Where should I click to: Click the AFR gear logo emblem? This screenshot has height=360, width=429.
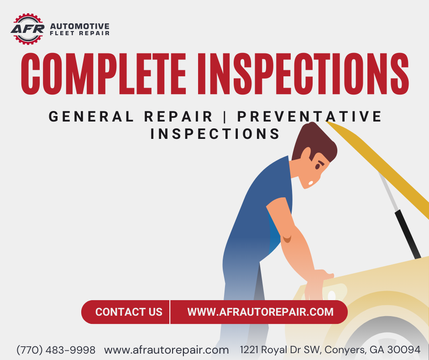(27, 29)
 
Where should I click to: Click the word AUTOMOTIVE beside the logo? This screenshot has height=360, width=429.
(79, 26)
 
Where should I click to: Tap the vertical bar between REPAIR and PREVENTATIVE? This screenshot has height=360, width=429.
(225, 116)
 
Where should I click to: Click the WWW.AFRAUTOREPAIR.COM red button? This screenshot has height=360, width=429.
(260, 312)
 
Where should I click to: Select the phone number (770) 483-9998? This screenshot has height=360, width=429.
(56, 350)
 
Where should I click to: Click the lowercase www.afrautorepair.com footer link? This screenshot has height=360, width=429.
(167, 350)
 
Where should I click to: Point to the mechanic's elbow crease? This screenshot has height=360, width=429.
(287, 238)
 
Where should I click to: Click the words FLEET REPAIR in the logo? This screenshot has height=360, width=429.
(79, 33)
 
